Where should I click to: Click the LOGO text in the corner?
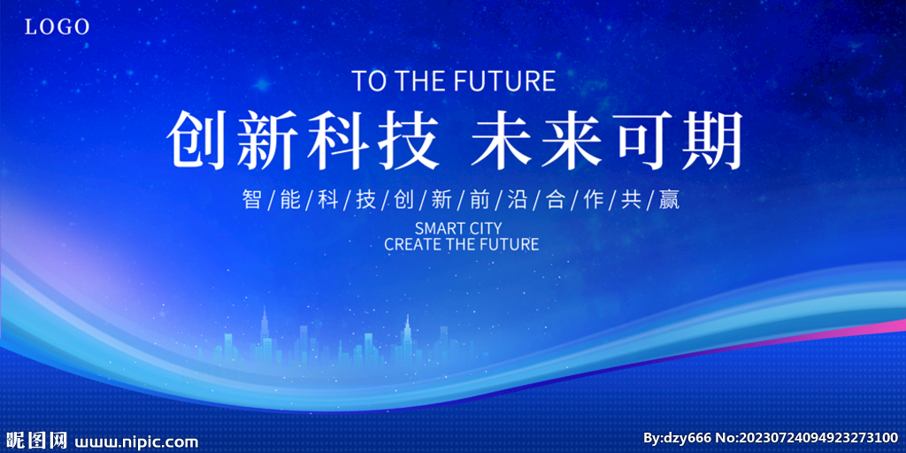(x=58, y=27)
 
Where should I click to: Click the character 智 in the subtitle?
(x=252, y=199)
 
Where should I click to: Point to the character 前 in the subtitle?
(x=479, y=199)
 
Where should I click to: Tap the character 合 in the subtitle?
(x=555, y=199)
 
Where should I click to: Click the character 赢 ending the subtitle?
(x=669, y=199)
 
